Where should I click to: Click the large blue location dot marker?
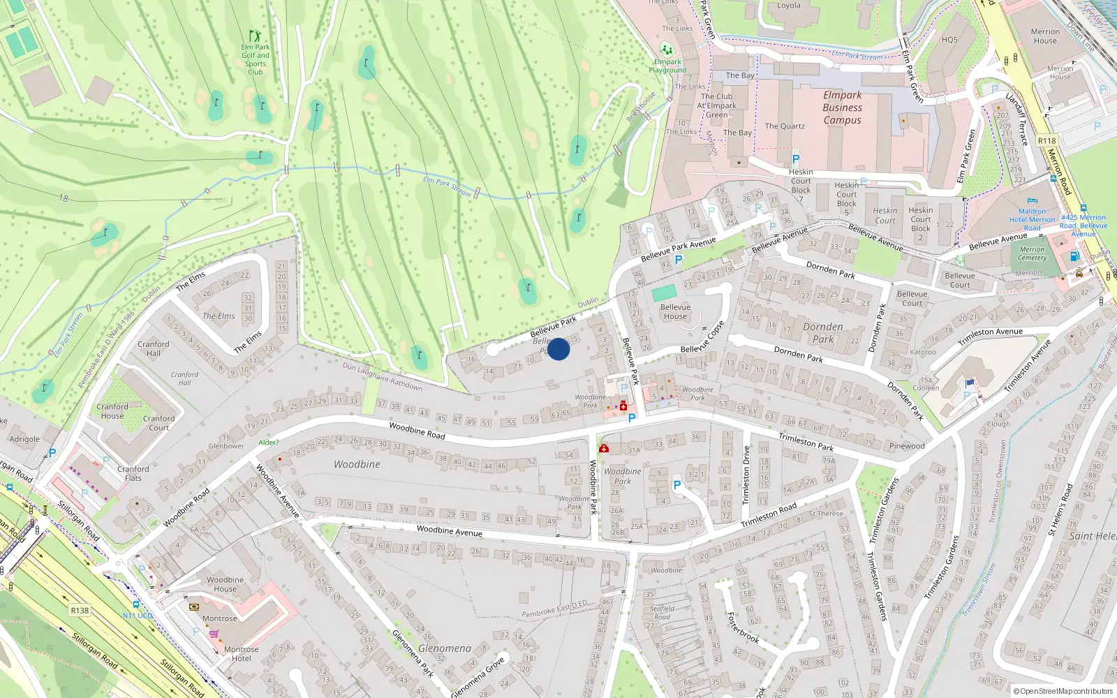tap(558, 349)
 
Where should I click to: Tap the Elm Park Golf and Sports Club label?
tap(256, 59)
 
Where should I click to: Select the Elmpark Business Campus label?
tap(842, 107)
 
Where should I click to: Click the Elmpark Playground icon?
tap(667, 49)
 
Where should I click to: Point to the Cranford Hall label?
tap(154, 348)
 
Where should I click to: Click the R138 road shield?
tap(80, 610)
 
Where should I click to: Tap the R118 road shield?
tap(1046, 140)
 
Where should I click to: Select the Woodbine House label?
tap(225, 584)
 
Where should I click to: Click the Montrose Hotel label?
tap(241, 653)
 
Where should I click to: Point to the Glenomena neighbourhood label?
tap(444, 648)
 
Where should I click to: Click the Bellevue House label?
tap(675, 311)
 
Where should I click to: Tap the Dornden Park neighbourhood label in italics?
tap(823, 332)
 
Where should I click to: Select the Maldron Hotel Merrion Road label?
tap(1032, 219)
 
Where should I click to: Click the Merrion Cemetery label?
tap(1032, 253)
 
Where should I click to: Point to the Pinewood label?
tap(907, 446)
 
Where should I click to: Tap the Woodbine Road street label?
tap(417, 431)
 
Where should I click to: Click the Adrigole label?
tap(24, 439)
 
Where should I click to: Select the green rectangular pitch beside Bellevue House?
tap(664, 293)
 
